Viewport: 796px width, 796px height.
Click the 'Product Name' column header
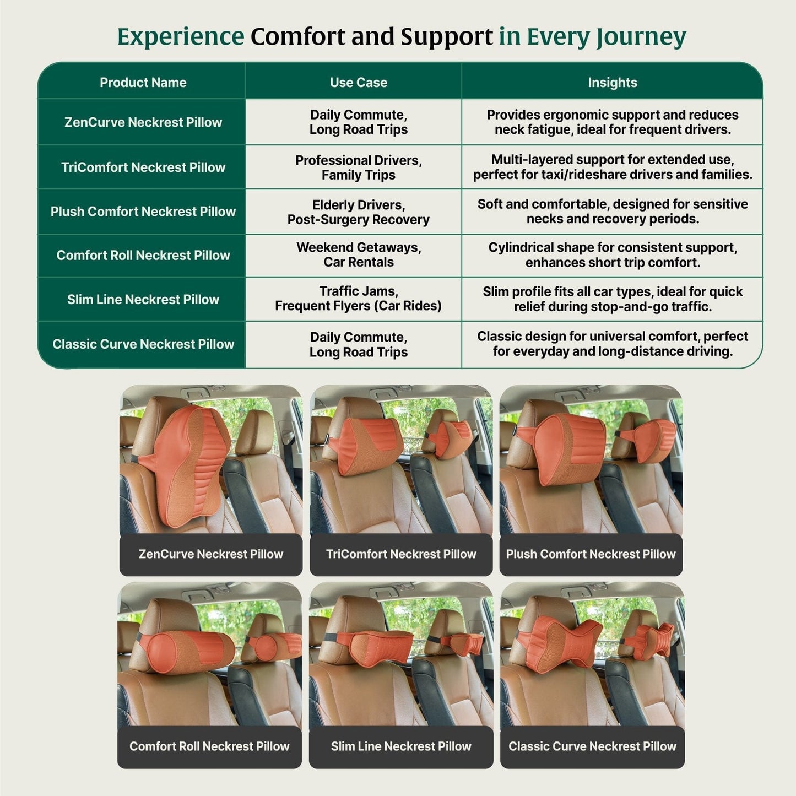point(143,83)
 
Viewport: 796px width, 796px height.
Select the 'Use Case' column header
point(358,83)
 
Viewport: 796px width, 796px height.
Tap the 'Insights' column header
point(612,83)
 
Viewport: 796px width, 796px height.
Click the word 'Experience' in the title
point(181,37)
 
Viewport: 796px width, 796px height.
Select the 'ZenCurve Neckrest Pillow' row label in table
point(143,122)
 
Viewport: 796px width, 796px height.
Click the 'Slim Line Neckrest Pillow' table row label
point(143,300)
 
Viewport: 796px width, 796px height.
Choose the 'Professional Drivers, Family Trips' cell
point(358,167)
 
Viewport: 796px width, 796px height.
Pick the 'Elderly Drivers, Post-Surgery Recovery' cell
point(358,212)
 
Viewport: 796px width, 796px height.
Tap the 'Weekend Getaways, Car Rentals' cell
point(358,255)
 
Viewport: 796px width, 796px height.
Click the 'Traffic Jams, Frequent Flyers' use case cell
point(358,299)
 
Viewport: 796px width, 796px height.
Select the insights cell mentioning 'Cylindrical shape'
point(612,255)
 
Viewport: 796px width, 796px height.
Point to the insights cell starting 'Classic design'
point(612,344)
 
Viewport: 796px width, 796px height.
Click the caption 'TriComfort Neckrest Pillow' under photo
point(400,554)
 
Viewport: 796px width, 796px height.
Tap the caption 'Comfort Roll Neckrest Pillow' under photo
point(209,746)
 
